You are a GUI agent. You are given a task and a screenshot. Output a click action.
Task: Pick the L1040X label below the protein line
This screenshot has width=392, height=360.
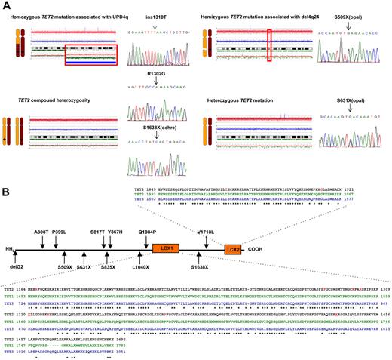[141, 267]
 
